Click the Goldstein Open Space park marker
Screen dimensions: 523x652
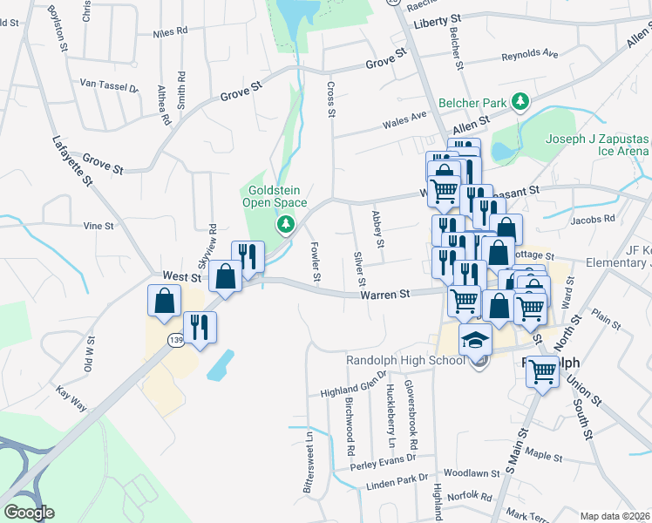pyautogui.click(x=284, y=226)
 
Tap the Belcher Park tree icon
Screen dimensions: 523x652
pyautogui.click(x=520, y=103)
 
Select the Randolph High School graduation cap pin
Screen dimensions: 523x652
pyautogui.click(x=477, y=340)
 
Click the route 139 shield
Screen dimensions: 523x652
pyautogui.click(x=176, y=339)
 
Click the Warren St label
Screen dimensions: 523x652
pyautogui.click(x=385, y=295)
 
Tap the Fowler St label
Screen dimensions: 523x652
pyautogui.click(x=316, y=262)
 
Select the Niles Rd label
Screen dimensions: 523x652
pyautogui.click(x=170, y=31)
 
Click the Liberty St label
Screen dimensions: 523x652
pyautogui.click(x=438, y=20)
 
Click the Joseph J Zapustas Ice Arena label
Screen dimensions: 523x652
pyautogui.click(x=597, y=145)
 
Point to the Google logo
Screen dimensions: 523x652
pyautogui.click(x=29, y=513)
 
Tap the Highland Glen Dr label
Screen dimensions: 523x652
pyautogui.click(x=353, y=390)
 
